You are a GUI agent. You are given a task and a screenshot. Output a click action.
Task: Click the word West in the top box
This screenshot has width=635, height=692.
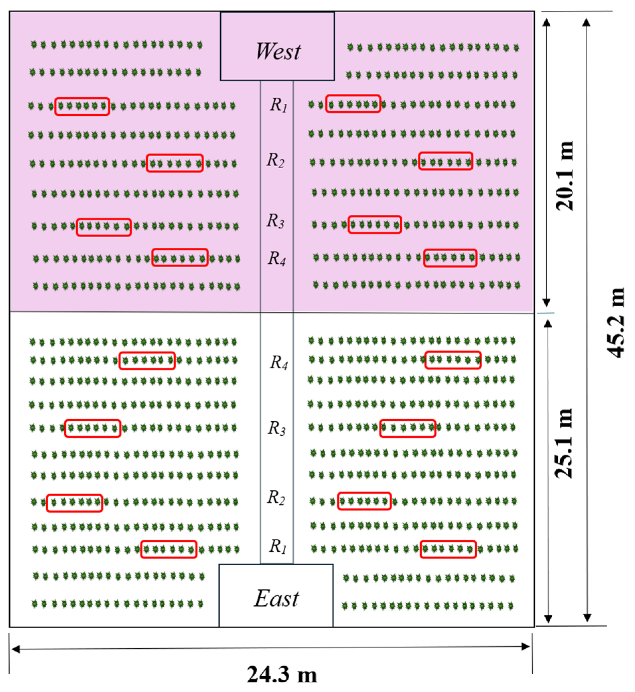277,52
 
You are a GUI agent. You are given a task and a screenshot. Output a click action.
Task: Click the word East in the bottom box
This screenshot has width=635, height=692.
276,598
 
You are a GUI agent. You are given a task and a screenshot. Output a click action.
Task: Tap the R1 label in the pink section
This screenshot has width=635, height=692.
278,105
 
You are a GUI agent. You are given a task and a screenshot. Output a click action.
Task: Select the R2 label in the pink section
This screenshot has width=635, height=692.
275,160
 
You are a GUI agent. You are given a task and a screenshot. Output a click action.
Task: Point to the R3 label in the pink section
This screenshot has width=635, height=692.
275,221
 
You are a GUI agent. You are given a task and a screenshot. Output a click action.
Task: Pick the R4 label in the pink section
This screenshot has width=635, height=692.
276,258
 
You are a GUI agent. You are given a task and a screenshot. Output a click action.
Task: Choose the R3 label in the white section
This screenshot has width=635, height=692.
276,429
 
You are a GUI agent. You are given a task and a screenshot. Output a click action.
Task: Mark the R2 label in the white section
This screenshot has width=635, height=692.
276,497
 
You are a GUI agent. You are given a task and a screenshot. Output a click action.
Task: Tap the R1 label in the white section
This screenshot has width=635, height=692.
277,546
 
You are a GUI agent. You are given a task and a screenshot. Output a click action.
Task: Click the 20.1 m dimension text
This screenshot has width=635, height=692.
565,176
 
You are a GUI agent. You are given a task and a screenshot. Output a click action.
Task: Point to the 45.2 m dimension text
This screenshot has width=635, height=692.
615,323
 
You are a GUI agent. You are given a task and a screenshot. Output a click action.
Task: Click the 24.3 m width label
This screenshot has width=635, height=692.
282,674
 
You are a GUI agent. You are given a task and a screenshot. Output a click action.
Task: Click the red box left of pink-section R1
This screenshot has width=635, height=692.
82,106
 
